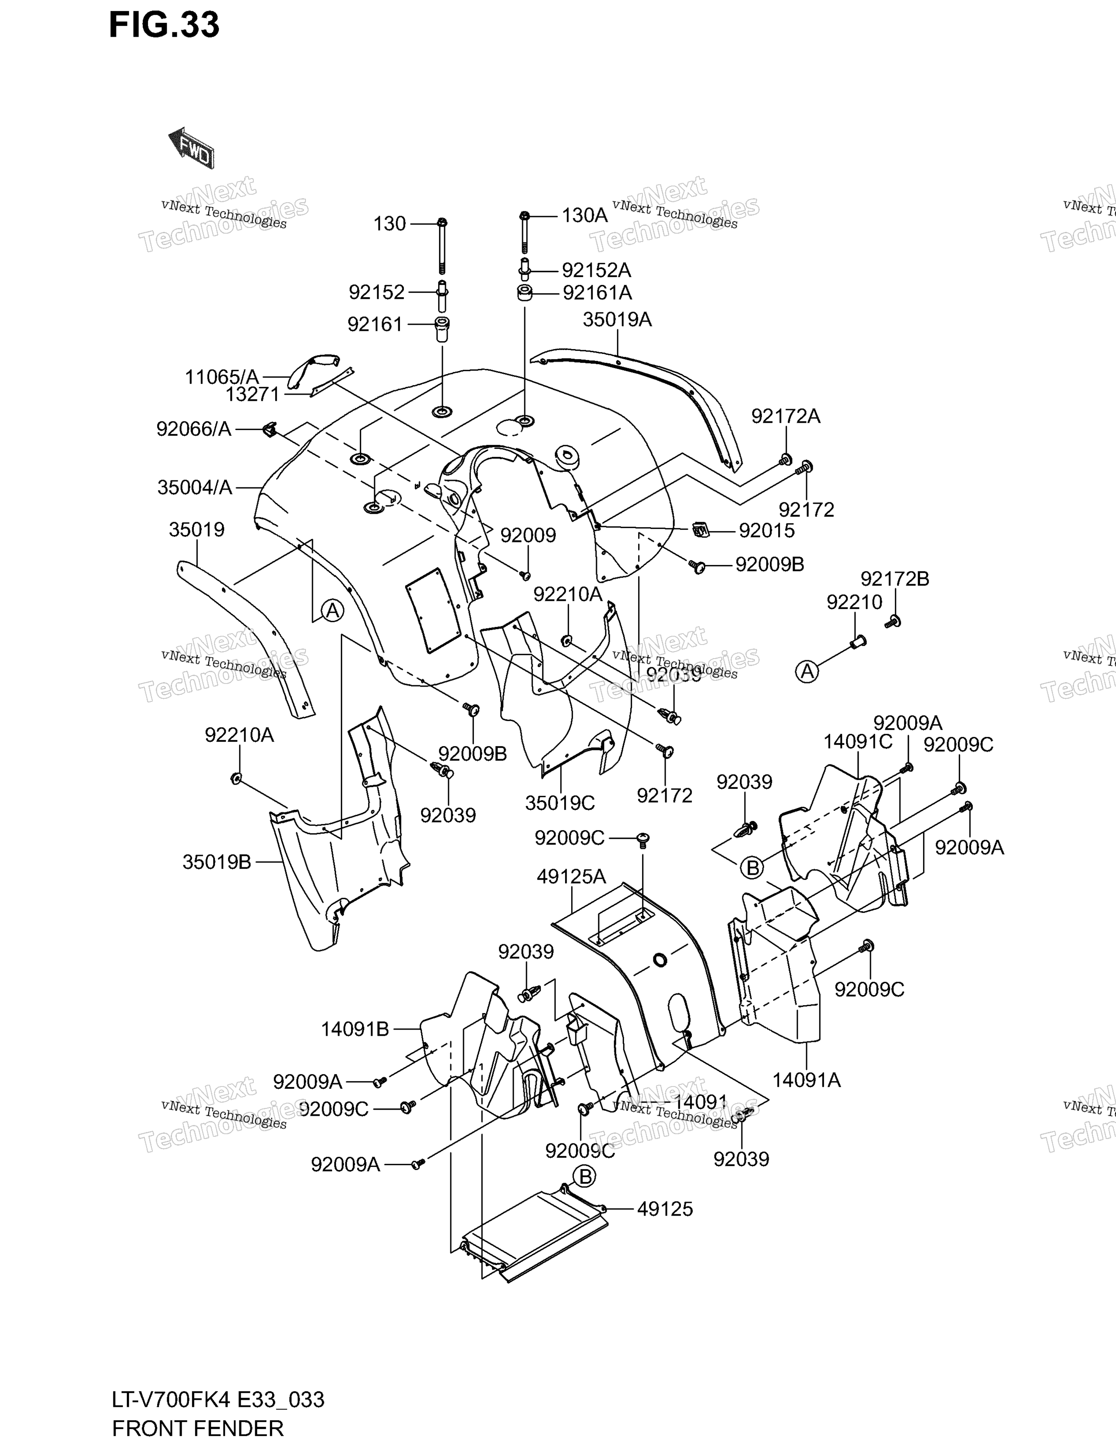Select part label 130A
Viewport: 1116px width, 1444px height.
point(584,216)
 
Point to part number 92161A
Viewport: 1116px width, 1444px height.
point(597,292)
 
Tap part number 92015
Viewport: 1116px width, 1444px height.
point(767,530)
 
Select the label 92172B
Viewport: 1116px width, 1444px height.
point(895,579)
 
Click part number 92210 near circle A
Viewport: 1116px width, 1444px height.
point(854,603)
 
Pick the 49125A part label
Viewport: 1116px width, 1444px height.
point(571,877)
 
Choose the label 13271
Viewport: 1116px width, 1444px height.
point(253,395)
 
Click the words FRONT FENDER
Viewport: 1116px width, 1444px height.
point(198,1429)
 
